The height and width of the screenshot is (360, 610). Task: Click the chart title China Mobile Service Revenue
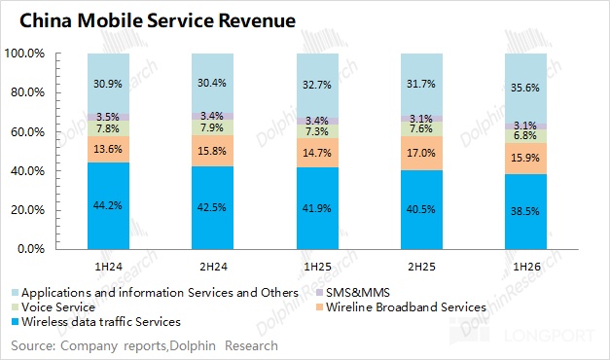pyautogui.click(x=158, y=20)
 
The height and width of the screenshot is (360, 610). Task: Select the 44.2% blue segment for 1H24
pyautogui.click(x=109, y=206)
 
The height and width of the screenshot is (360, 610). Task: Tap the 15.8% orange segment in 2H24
pyautogui.click(x=212, y=151)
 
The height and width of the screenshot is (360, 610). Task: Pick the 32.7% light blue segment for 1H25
pyautogui.click(x=317, y=86)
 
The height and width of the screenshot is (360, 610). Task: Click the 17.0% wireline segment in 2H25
pyautogui.click(x=421, y=154)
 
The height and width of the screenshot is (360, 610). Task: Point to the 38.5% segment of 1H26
pyautogui.click(x=525, y=212)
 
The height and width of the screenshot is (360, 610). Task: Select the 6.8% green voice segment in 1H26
pyautogui.click(x=525, y=136)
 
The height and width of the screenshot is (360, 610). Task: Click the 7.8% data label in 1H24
pyautogui.click(x=108, y=128)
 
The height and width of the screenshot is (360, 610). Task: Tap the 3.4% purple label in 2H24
pyautogui.click(x=212, y=116)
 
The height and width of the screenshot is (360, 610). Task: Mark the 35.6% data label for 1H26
pyautogui.click(x=525, y=88)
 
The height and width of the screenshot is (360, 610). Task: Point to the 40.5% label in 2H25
pyautogui.click(x=421, y=209)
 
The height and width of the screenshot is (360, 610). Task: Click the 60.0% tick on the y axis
pyautogui.click(x=27, y=132)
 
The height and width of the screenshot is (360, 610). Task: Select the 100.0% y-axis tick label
pyautogui.click(x=24, y=54)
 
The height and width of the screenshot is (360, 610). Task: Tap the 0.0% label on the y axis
pyautogui.click(x=31, y=249)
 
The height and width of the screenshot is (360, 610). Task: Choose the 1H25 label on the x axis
pyautogui.click(x=317, y=267)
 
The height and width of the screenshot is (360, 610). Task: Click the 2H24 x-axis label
pyautogui.click(x=213, y=267)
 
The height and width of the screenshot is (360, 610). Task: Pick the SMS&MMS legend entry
pyautogui.click(x=353, y=292)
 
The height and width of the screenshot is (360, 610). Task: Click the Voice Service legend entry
pyautogui.click(x=54, y=307)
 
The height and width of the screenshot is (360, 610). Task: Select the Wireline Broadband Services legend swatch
pyautogui.click(x=320, y=307)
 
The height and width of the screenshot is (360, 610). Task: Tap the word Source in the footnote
pyautogui.click(x=30, y=345)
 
